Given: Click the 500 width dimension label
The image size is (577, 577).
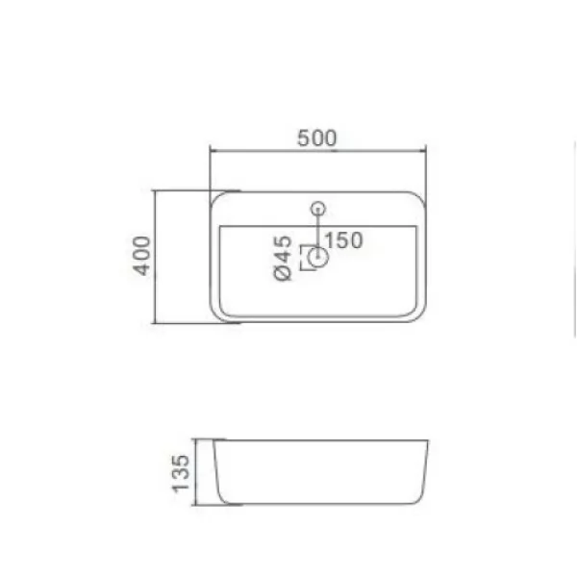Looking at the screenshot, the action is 316,138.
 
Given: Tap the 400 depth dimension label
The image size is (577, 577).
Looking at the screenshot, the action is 141,256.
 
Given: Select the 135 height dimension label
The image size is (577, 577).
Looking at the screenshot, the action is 181,473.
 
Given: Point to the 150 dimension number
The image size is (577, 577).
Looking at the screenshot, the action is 344,240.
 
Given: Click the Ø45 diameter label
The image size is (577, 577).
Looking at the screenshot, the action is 283,259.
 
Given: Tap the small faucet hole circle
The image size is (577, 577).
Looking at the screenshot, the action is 318,209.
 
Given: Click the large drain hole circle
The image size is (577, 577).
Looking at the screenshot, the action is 318,257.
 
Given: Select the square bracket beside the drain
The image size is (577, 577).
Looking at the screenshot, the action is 302,258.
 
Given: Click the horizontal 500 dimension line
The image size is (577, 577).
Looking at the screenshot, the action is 318,151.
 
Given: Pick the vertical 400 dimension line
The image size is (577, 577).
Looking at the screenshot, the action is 155,257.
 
